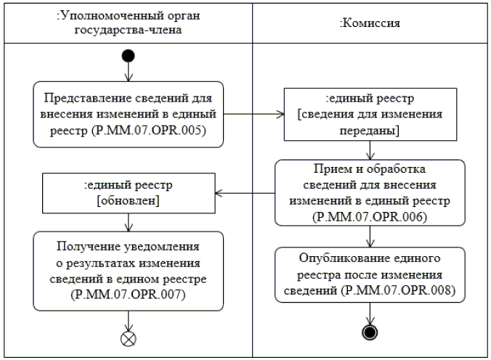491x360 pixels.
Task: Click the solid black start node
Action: (x=128, y=56)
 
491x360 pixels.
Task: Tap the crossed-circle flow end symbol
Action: (x=128, y=339)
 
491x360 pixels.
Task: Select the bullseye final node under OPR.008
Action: (x=370, y=332)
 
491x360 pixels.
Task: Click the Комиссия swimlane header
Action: (x=370, y=22)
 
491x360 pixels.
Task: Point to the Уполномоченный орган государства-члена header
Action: (x=128, y=22)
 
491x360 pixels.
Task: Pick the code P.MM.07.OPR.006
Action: (x=370, y=216)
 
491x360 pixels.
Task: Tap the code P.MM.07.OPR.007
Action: (x=128, y=295)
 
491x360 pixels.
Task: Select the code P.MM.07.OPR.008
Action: (x=399, y=290)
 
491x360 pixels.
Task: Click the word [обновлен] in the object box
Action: (x=128, y=200)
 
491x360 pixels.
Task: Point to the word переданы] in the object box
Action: (x=370, y=130)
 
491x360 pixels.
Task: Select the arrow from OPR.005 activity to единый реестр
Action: (x=253, y=114)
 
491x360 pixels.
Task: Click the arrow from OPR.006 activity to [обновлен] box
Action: (x=245, y=193)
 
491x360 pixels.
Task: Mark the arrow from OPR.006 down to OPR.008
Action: (x=370, y=237)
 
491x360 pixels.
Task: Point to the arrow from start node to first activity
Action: (x=129, y=72)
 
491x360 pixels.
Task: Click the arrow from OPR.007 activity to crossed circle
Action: (x=129, y=321)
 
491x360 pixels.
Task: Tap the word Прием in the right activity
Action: (x=332, y=169)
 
